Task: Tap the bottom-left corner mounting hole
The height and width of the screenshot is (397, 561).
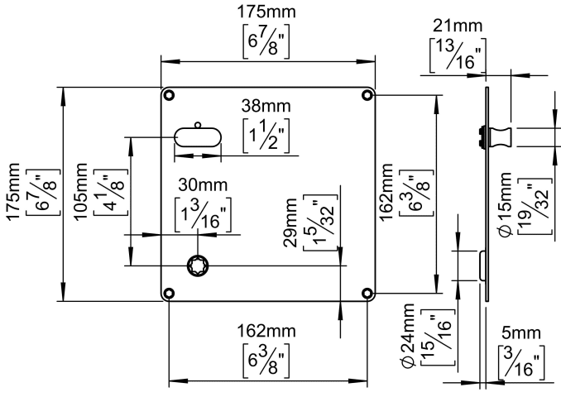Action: pos(169,294)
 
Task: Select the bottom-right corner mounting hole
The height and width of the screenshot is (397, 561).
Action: pos(367,294)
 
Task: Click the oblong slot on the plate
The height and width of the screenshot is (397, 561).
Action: pos(197,137)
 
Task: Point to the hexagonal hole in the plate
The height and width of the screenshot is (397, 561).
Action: pos(199,266)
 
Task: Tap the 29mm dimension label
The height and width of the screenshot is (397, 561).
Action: pos(290,219)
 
